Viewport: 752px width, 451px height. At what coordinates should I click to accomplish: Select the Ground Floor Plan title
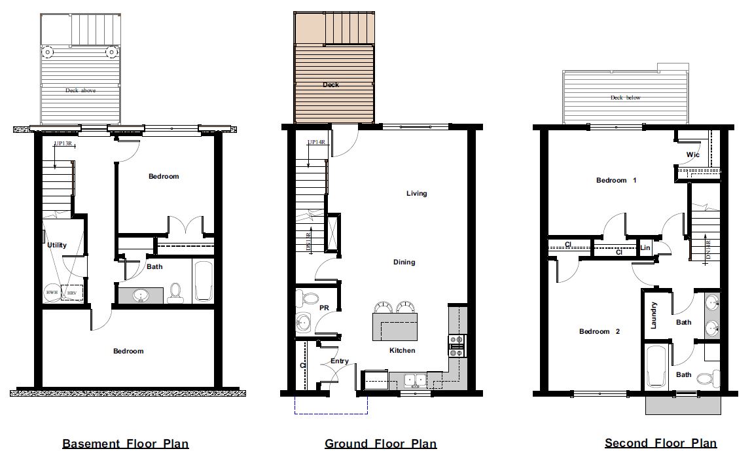(380, 444)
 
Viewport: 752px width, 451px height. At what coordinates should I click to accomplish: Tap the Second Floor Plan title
(660, 444)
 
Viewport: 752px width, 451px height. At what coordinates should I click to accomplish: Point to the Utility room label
(57, 245)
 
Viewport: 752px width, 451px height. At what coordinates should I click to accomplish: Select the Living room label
(416, 193)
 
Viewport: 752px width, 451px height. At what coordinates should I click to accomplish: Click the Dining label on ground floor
(404, 262)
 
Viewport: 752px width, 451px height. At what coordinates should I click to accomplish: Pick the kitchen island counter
(395, 327)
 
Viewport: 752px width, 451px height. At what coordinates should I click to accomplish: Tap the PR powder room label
(323, 306)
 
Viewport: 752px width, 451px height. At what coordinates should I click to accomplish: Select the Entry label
(340, 361)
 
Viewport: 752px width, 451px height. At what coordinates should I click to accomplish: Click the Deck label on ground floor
(331, 84)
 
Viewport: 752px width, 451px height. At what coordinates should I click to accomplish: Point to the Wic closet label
(692, 155)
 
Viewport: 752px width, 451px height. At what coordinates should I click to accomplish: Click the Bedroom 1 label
(616, 180)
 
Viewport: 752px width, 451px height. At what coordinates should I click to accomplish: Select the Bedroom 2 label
(599, 331)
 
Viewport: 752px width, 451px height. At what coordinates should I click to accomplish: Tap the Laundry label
(653, 315)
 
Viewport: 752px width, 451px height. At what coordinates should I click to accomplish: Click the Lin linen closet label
(645, 247)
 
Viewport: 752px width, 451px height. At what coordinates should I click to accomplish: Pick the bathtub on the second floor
(656, 367)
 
